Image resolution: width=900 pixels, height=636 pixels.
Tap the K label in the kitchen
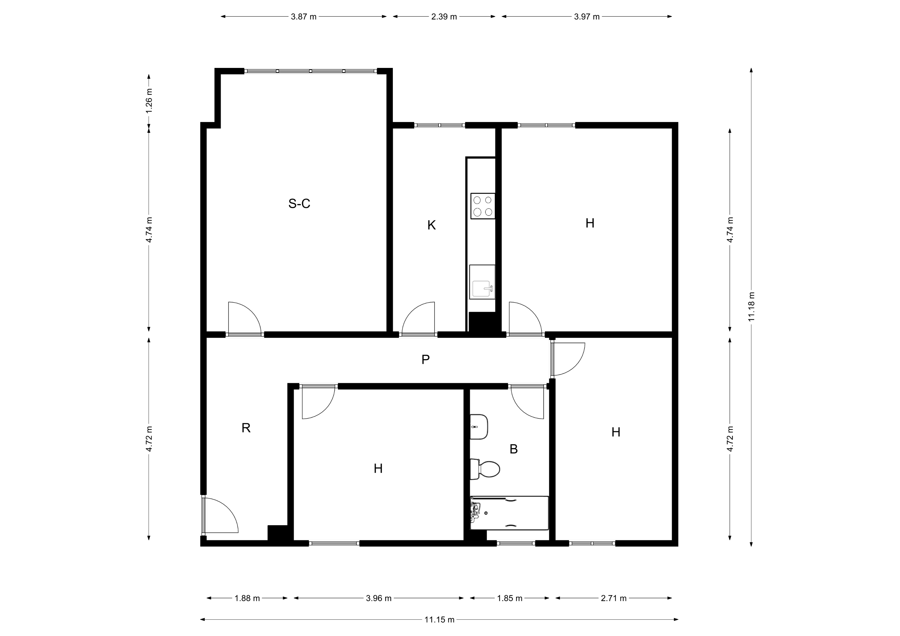[431, 225]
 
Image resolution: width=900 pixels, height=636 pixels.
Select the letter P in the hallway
[425, 359]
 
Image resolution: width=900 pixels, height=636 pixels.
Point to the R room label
[246, 428]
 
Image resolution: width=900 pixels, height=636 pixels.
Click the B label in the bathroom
[514, 449]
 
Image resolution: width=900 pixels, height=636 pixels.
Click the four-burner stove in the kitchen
[483, 206]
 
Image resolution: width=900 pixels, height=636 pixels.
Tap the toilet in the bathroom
[485, 469]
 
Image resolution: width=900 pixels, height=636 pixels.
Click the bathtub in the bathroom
[509, 513]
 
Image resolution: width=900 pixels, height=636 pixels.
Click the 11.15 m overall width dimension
[439, 620]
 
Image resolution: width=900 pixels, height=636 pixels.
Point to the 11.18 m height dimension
[751, 307]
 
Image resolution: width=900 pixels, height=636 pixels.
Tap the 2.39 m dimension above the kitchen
[444, 17]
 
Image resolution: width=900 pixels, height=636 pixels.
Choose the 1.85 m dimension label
[510, 598]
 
